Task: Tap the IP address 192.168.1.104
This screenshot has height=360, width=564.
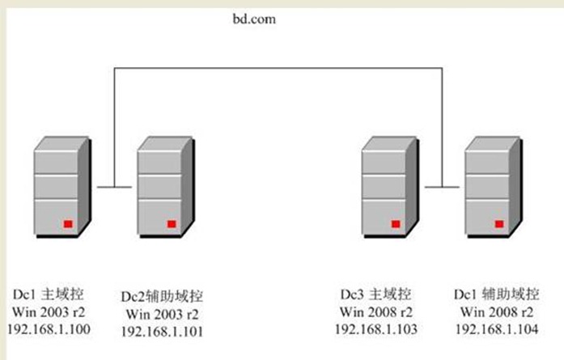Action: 491,329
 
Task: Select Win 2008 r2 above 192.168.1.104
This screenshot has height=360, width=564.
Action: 491,312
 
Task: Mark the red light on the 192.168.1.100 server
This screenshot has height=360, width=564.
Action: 68,222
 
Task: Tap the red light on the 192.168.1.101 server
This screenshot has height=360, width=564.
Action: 172,222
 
